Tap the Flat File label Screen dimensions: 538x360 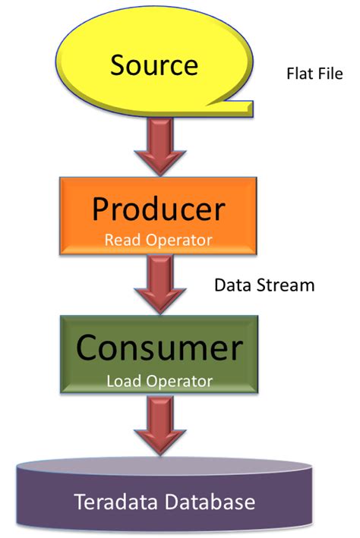click(314, 74)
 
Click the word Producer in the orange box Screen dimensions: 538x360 click(159, 209)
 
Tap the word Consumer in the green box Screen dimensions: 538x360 click(159, 348)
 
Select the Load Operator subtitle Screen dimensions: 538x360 click(159, 382)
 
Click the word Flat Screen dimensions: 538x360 click(298, 74)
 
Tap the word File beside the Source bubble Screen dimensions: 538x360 click(330, 74)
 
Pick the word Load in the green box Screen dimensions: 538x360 click(123, 382)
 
